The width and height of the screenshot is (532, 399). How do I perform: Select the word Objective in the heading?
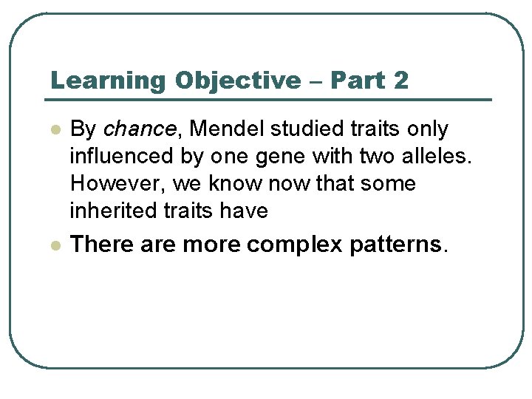click(233, 81)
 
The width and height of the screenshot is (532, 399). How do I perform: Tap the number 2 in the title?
click(401, 81)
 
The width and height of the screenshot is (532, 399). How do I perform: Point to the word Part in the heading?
click(358, 81)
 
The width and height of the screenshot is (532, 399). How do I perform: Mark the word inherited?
click(111, 211)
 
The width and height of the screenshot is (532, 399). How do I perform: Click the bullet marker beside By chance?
click(55, 130)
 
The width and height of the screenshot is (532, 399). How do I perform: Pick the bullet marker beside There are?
click(55, 245)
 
